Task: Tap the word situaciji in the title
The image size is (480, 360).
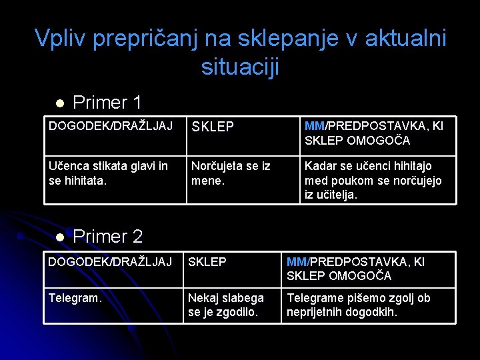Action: point(240,67)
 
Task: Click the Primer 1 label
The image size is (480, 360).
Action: point(107,103)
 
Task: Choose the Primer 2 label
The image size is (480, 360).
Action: point(107,237)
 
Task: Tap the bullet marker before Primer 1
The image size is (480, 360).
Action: point(59,103)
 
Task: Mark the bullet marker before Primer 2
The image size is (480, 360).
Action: point(59,237)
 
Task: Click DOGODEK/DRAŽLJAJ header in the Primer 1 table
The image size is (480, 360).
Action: point(111,126)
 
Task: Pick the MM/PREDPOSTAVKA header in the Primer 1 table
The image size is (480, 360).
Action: point(373,133)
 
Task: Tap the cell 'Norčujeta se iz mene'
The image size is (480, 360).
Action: point(231,173)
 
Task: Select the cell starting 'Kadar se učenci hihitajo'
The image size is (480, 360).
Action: point(373,180)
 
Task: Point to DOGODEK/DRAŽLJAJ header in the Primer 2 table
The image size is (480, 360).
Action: point(110,262)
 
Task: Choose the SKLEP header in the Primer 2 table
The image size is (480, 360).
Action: point(207,262)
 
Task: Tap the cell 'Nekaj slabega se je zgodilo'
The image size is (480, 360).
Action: point(225,305)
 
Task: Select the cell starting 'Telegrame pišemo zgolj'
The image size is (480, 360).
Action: point(359,305)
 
